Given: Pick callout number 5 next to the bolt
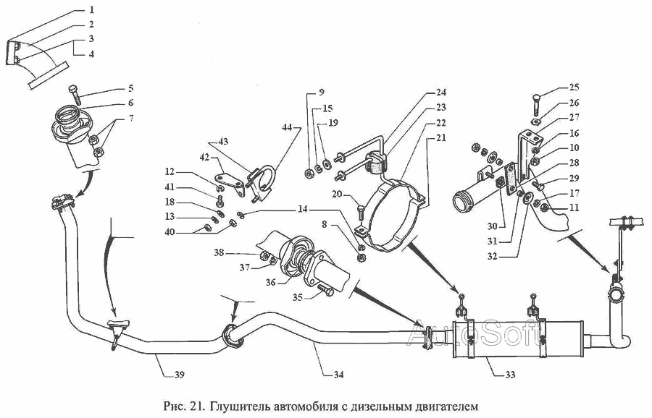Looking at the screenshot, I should point(130,88).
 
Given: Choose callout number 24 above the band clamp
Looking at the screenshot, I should point(441,92).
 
